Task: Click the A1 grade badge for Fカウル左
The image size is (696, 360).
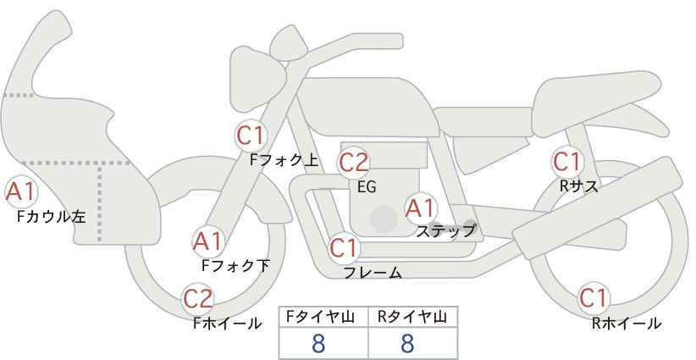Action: click(x=20, y=192)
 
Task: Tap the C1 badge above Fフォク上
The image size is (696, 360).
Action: click(x=251, y=135)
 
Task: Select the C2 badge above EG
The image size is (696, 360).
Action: click(x=354, y=162)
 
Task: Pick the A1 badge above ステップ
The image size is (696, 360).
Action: click(x=421, y=208)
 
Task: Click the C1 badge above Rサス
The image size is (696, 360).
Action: click(x=566, y=161)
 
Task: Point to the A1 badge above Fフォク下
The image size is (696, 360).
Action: click(x=207, y=241)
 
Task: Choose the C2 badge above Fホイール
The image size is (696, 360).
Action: click(x=199, y=298)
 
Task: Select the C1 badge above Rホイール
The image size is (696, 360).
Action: click(x=593, y=298)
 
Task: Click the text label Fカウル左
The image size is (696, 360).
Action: click(x=51, y=217)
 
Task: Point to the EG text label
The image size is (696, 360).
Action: click(x=366, y=186)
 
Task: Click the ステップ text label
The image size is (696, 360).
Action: click(x=445, y=230)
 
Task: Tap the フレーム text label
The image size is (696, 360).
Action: click(x=373, y=273)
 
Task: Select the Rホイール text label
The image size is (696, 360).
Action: click(x=627, y=323)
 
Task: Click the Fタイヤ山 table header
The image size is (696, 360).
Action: click(x=324, y=317)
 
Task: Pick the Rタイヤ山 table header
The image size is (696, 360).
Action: click(x=412, y=317)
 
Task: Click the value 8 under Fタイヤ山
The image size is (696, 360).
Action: click(x=318, y=343)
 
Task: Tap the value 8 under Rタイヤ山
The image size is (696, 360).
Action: click(x=407, y=343)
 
